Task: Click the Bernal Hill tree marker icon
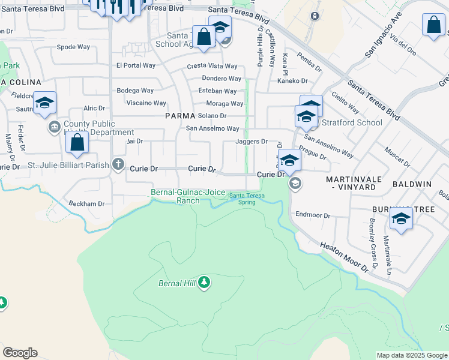(204, 283)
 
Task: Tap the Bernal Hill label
(177, 283)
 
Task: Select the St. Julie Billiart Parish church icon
(118, 164)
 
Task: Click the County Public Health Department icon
(54, 127)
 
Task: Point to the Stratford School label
(352, 123)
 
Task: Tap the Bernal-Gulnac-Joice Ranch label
(188, 196)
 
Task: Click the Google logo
(20, 353)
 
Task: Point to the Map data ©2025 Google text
(412, 355)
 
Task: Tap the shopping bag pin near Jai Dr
(77, 144)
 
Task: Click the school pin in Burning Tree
(401, 219)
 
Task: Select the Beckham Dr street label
(86, 203)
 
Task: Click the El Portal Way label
(136, 65)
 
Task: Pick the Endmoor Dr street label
(313, 215)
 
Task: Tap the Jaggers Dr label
(252, 142)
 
